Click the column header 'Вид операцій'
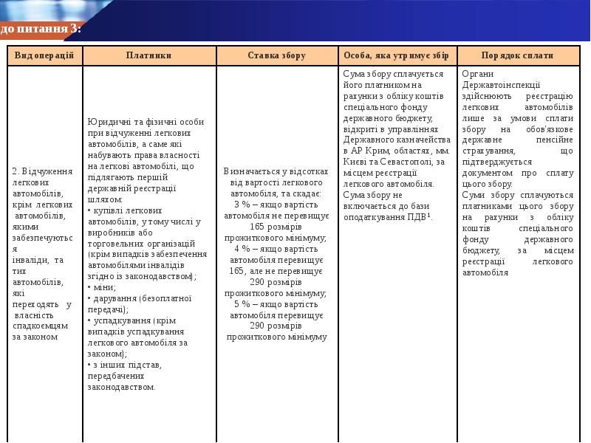[44, 55]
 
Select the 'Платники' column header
[148, 55]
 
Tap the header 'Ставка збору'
[276, 55]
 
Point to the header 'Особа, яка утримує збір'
[397, 55]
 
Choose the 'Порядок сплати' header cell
[517, 55]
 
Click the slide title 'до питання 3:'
[41, 29]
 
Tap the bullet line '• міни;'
[102, 287]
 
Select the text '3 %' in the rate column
[242, 204]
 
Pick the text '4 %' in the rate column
[242, 249]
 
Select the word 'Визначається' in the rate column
[253, 171]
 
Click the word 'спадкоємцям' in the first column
[40, 326]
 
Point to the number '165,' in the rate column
[238, 271]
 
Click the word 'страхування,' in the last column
[489, 150]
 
